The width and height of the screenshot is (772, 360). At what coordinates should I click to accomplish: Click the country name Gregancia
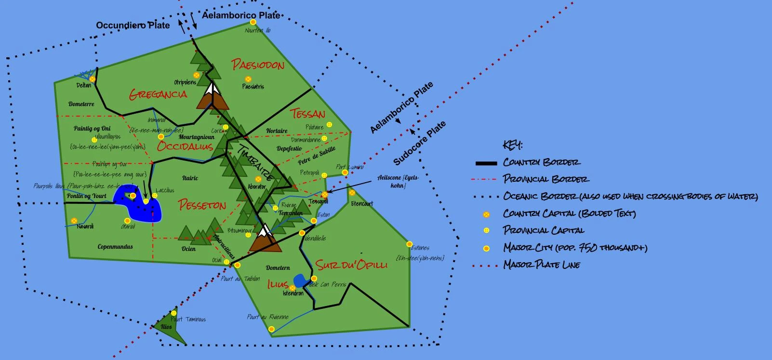coord(158,94)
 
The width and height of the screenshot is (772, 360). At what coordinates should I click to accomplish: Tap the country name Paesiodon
coord(258,65)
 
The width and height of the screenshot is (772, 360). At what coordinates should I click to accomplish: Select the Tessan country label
coord(307,114)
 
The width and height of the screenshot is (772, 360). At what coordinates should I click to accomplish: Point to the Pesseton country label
coord(202,205)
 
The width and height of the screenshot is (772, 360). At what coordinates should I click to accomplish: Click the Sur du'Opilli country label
coord(351,265)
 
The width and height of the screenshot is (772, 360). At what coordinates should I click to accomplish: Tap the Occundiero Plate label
coord(133,25)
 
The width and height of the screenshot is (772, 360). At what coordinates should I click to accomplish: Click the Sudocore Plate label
coord(420,143)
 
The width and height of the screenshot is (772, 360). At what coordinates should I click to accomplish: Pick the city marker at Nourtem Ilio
coord(253,22)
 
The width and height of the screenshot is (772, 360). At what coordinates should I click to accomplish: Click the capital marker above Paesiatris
coord(248,79)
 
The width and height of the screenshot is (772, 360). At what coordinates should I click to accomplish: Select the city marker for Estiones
coord(409,244)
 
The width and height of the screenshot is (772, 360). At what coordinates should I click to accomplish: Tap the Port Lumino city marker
coord(345,172)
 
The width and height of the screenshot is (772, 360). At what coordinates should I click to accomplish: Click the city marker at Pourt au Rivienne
coord(271,329)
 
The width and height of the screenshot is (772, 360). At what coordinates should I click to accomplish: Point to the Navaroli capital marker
coord(74,221)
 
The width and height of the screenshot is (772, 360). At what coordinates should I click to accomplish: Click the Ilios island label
coord(166,327)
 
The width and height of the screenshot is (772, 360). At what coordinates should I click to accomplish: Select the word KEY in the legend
coord(512,145)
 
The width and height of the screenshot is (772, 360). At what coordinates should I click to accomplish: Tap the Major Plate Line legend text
coord(542,265)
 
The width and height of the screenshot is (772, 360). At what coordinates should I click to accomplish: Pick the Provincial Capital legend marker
coord(487,231)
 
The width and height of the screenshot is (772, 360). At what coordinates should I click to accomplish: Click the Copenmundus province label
coord(115,247)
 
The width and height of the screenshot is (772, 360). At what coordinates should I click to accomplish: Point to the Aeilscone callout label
coord(398,181)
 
